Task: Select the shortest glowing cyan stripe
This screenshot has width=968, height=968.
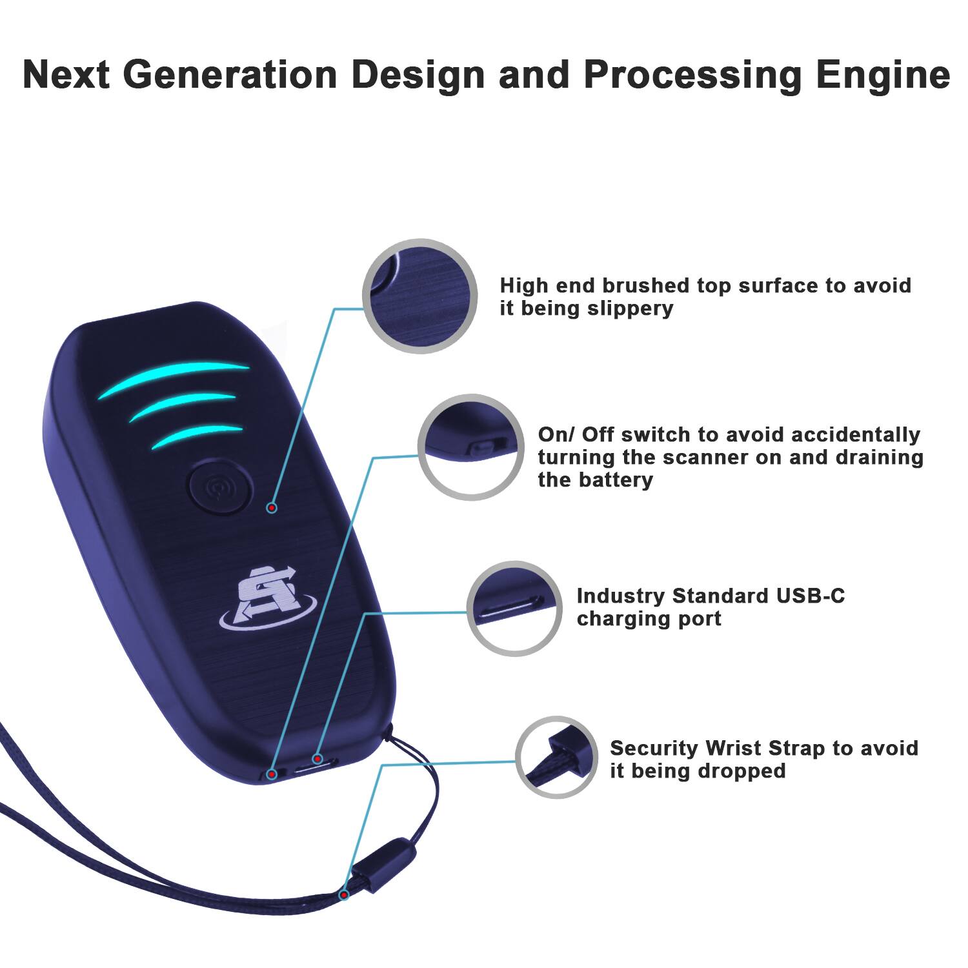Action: pyautogui.click(x=197, y=436)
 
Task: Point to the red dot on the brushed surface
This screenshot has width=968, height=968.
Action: pyautogui.click(x=272, y=509)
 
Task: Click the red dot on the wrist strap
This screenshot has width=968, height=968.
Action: pyautogui.click(x=345, y=894)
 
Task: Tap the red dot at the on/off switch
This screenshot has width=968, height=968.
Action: pyautogui.click(x=272, y=773)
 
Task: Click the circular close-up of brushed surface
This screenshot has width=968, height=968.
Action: pyautogui.click(x=419, y=296)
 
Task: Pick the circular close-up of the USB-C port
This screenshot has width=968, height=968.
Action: pyautogui.click(x=514, y=609)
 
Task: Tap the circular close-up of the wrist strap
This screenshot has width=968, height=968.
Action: pyautogui.click(x=556, y=756)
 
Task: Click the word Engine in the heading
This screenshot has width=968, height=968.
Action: pyautogui.click(x=883, y=75)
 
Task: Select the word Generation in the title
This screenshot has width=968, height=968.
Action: pyautogui.click(x=230, y=75)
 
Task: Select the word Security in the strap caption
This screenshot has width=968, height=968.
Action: pyautogui.click(x=654, y=748)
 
